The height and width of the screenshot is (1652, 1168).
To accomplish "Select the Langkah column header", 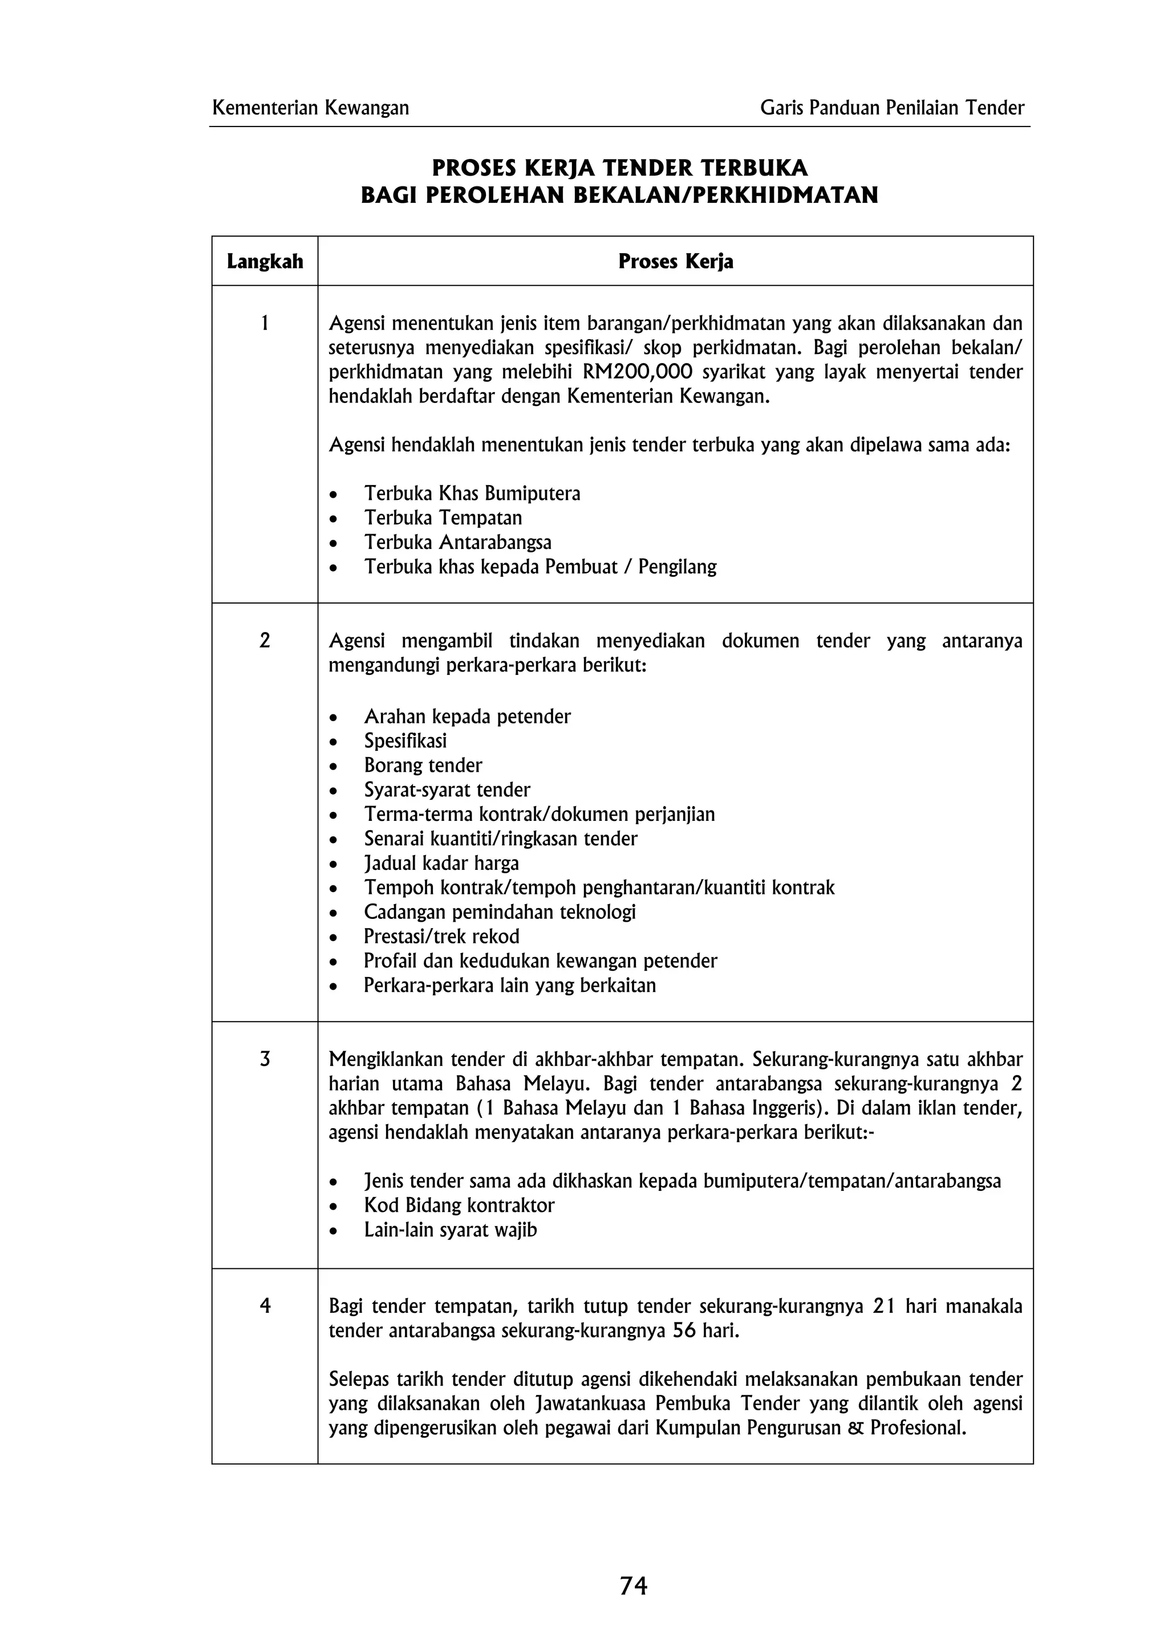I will (x=265, y=261).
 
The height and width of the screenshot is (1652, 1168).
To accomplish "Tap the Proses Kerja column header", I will (x=675, y=261).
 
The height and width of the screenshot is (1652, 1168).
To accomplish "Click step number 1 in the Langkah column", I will (x=265, y=324).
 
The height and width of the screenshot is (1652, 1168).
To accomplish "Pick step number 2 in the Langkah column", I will (x=265, y=640).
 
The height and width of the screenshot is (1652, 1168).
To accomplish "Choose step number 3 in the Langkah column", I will (x=265, y=1059).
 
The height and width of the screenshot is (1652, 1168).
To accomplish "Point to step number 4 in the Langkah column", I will (x=265, y=1306).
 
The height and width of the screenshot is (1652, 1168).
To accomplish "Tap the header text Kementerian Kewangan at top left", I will (x=311, y=108).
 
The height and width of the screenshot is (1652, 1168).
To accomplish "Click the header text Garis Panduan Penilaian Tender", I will (x=891, y=108).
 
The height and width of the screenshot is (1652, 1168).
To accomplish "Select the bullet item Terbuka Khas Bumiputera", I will (x=472, y=494).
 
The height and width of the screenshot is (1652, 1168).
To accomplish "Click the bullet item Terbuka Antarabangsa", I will (x=458, y=543).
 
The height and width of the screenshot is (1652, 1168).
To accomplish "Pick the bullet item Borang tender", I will (x=423, y=766).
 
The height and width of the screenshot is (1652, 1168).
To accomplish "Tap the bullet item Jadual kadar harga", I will (x=441, y=864).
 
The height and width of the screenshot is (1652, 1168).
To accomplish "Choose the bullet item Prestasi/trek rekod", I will (x=441, y=937).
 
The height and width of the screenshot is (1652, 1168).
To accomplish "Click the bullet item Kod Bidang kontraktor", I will (x=459, y=1205).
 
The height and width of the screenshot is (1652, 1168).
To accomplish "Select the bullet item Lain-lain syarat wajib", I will (x=451, y=1230).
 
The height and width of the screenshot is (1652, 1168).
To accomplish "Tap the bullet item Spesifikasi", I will (x=405, y=741).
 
